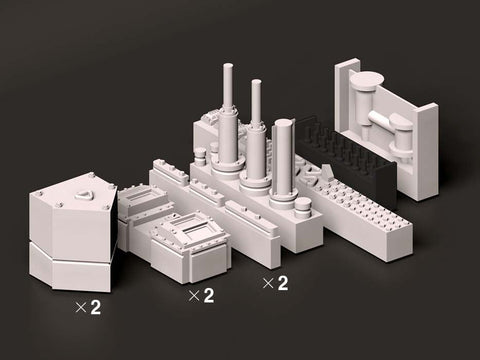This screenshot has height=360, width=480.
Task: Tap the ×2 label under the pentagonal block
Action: click(88, 308)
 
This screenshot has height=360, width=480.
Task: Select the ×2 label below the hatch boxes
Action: click(201, 296)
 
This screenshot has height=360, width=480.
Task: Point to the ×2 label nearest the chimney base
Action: click(275, 283)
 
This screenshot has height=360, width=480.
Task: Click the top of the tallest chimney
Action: click(228, 67)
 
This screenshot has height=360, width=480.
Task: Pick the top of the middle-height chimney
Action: click(256, 82)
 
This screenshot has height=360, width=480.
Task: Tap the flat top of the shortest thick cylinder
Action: click(284, 124)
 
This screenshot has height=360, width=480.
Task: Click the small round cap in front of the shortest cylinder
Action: click(303, 204)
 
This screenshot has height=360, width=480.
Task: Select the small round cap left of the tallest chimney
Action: click(200, 154)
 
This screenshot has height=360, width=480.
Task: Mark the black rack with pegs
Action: click(347, 157)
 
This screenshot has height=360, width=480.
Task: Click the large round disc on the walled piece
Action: click(367, 80)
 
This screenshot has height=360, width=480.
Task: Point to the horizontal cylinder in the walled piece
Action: click(381, 120)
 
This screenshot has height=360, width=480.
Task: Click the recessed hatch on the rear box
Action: click(142, 195)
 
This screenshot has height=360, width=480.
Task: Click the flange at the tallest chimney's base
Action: click(228, 168)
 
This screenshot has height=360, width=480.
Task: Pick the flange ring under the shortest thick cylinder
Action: click(284, 199)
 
